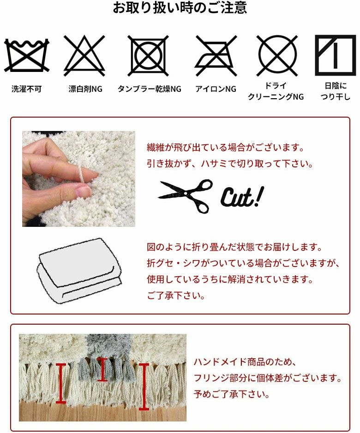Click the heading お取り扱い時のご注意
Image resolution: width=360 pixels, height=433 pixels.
coord(180,8)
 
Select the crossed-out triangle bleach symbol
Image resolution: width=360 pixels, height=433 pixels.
coord(84,56)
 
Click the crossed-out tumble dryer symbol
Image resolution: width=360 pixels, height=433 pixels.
coord(149,56)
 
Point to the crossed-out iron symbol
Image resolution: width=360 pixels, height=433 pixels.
coord(216,56)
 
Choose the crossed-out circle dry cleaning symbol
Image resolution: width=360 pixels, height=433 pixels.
coord(277,56)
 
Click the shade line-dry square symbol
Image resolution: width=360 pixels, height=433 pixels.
coord(336,55)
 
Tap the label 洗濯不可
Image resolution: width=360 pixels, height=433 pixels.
coord(26,89)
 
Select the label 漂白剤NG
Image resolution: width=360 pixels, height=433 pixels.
coord(85,89)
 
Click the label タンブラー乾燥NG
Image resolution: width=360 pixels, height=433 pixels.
coord(149,89)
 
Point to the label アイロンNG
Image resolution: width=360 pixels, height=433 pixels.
coord(216,89)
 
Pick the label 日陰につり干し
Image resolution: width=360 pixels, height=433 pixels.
coord(336,91)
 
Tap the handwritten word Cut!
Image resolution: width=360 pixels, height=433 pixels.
coord(241,197)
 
